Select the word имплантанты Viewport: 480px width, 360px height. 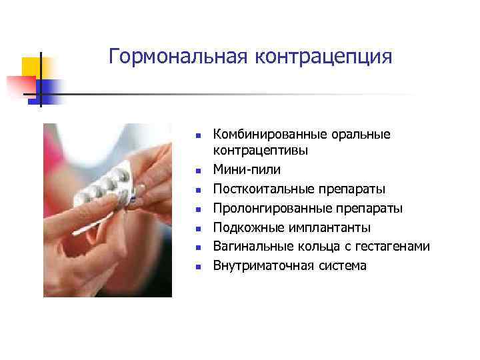(325, 228)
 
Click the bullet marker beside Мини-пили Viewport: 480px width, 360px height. (197, 171)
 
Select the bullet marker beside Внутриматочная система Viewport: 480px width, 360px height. (197, 267)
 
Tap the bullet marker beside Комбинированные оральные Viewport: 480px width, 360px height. (197, 135)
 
